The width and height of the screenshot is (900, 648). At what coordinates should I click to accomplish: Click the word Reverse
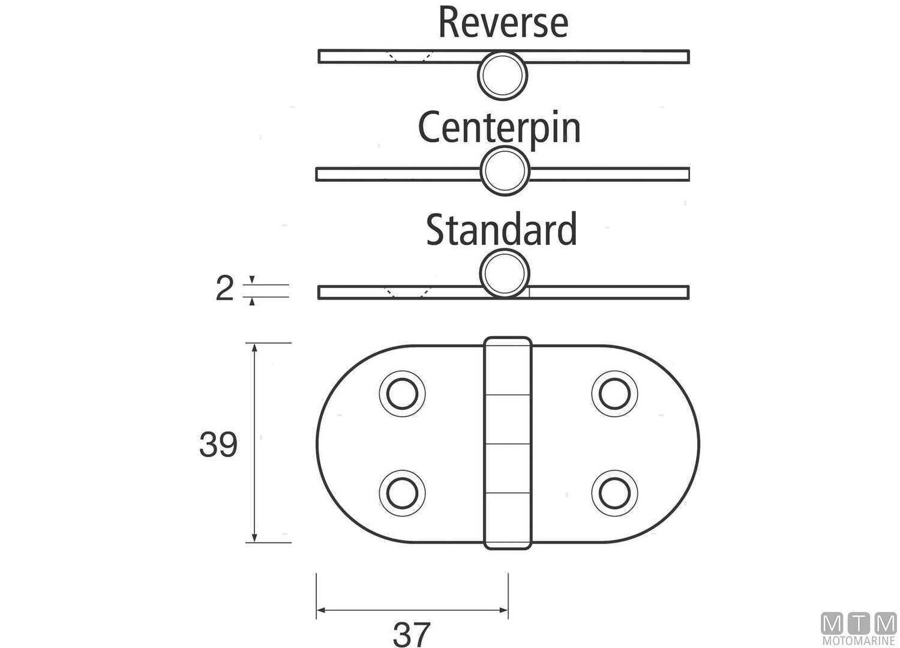[x=503, y=22]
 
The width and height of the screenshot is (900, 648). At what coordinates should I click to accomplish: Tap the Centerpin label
[x=499, y=128]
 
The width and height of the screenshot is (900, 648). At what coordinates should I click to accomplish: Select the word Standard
[x=501, y=230]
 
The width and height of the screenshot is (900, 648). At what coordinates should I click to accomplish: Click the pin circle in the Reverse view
[x=503, y=75]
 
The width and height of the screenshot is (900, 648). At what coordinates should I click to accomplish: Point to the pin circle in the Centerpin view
[x=505, y=171]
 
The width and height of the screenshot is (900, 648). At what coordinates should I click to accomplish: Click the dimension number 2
[x=224, y=290]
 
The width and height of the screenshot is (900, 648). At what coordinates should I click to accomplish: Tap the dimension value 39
[x=218, y=445]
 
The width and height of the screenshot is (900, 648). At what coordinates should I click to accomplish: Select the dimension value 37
[x=412, y=634]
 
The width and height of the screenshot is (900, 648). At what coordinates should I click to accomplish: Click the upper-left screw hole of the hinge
[x=402, y=394]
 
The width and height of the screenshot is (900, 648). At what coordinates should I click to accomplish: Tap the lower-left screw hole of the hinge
[x=402, y=493]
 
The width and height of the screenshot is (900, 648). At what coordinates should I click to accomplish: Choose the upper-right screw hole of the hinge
[x=614, y=394]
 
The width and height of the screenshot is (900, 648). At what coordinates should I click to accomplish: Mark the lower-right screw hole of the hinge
[x=614, y=493]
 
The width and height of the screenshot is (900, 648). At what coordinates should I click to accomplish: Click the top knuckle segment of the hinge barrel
[x=508, y=366]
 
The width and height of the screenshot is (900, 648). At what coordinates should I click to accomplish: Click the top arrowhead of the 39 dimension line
[x=254, y=348]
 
